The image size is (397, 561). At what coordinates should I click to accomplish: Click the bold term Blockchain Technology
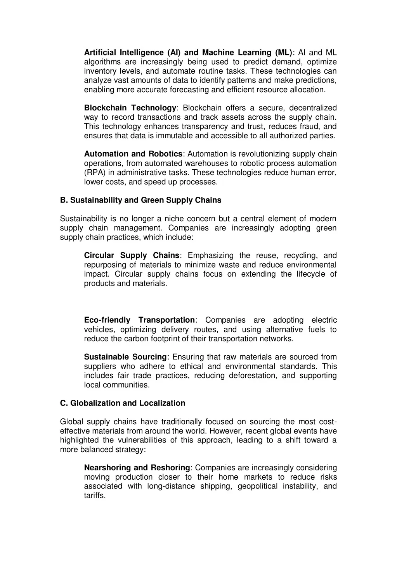(x=130, y=108)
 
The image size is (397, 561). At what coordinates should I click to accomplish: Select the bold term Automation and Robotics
(x=133, y=154)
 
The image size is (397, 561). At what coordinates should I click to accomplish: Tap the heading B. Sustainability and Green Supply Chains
(x=140, y=200)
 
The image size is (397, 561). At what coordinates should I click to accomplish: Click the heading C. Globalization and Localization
(x=123, y=403)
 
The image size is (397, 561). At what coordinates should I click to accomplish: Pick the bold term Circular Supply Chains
(x=132, y=255)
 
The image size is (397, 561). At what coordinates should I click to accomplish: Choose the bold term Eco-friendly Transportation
(x=139, y=320)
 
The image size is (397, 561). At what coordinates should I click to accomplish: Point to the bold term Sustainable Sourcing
(x=125, y=357)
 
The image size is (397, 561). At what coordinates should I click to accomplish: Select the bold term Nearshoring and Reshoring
(x=137, y=468)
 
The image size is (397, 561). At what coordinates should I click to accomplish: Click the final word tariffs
(x=94, y=496)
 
